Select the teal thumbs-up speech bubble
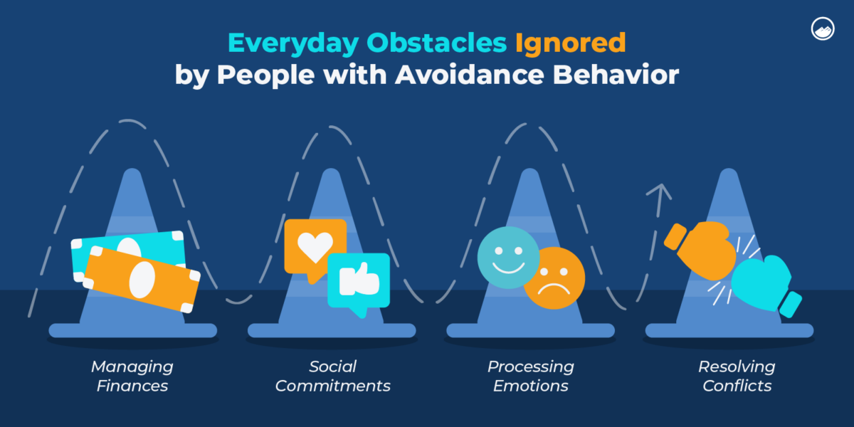pos(359,282)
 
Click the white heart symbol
pos(315,244)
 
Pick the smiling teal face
pos(507,257)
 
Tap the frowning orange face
pos(555,278)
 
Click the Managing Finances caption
pos(132,376)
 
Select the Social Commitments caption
pos(332,376)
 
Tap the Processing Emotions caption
pos(530,376)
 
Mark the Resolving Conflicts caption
pos(736,376)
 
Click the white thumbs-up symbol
pos(358,280)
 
